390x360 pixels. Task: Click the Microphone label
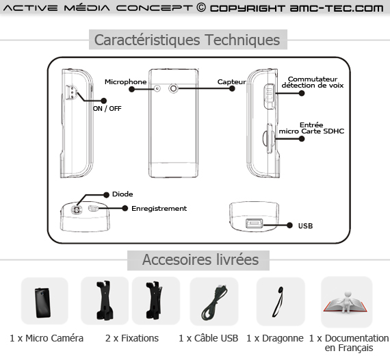tap(126, 82)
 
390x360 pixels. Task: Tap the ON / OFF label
tap(107, 108)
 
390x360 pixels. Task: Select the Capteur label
tap(231, 82)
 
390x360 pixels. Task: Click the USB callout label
tap(305, 226)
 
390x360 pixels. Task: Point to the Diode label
tap(122, 194)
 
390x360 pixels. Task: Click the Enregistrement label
tap(159, 209)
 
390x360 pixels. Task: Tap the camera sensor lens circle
tap(173, 88)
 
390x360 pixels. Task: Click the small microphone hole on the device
tap(157, 88)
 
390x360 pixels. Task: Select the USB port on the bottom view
tap(255, 223)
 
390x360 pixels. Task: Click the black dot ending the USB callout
tap(289, 225)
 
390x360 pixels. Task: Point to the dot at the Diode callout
tap(107, 195)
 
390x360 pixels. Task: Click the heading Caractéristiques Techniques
tap(187, 40)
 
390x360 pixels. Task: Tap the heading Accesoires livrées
tap(200, 260)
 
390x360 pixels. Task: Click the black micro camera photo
tap(43, 303)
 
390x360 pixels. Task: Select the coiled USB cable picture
tap(213, 303)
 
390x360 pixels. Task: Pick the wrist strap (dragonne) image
tap(278, 302)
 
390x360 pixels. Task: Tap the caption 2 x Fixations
tap(132, 338)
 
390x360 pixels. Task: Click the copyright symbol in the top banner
tap(201, 8)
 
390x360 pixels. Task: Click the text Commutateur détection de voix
tap(313, 82)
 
